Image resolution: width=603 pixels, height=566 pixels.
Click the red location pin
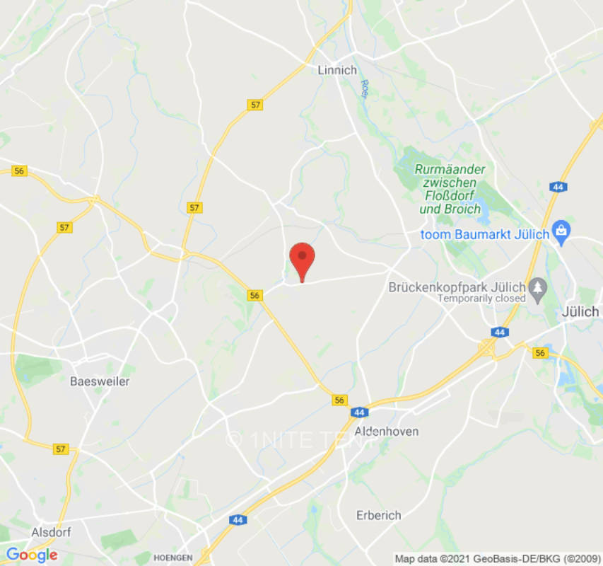tap(303, 259)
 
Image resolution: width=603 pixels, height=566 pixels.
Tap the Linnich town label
tap(337, 70)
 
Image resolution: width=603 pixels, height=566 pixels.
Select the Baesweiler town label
tap(100, 381)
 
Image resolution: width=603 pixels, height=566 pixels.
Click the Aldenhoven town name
tap(386, 431)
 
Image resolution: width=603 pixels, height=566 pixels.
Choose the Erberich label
tap(379, 515)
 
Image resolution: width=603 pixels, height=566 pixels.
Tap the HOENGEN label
tap(173, 558)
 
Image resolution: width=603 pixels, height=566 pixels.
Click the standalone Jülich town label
tap(580, 311)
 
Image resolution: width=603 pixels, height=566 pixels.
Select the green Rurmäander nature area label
tap(450, 189)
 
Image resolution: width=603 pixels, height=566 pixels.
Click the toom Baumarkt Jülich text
tap(485, 234)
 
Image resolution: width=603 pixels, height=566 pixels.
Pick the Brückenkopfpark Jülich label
tap(457, 287)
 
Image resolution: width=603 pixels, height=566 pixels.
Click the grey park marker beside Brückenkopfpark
tap(539, 287)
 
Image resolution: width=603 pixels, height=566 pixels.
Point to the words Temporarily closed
tap(481, 298)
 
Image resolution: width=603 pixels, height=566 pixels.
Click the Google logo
tap(31, 555)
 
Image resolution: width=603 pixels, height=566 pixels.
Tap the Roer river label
tap(365, 87)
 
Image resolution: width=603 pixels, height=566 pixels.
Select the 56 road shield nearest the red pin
tap(255, 295)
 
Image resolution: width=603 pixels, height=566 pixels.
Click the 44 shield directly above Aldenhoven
tap(359, 412)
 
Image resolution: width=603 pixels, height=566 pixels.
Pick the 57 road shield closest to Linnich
tap(255, 105)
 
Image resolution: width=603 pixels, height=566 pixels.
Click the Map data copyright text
tap(498, 558)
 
